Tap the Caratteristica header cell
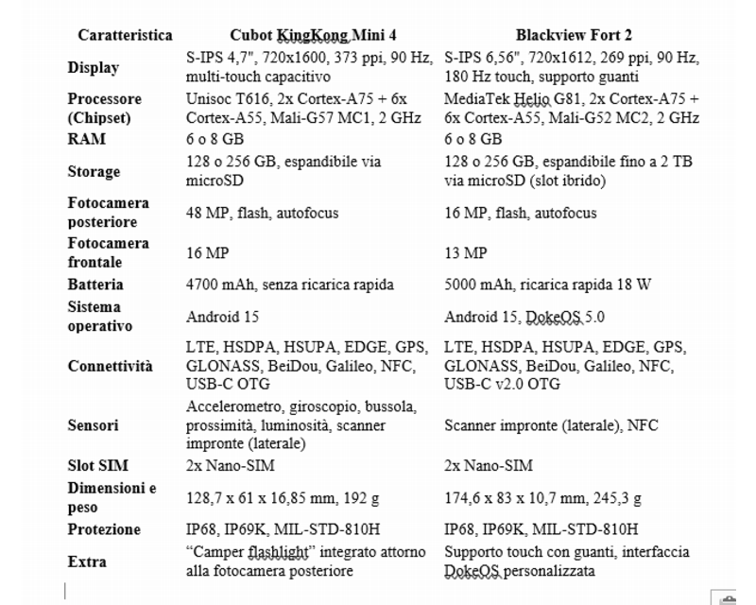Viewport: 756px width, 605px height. coord(125,35)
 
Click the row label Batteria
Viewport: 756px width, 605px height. coord(95,284)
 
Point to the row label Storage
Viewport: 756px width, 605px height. coord(94,171)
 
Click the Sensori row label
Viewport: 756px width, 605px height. coord(94,424)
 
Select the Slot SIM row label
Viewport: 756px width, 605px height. coord(97,465)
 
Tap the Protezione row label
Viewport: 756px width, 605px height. coord(104,529)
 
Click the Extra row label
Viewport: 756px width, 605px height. coord(87,562)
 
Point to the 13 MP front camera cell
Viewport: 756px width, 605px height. coord(465,252)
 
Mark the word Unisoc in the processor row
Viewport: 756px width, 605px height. coord(210,98)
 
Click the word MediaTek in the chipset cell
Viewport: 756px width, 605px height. coord(476,98)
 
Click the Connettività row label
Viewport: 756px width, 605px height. coord(110,367)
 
